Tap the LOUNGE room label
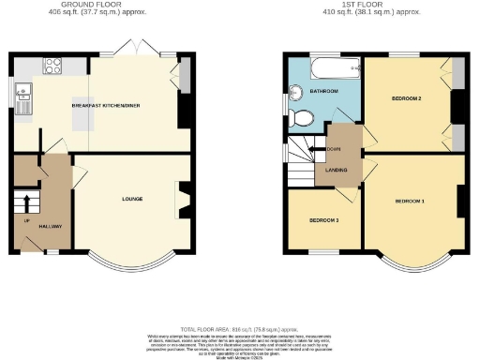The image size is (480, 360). pos(131,199)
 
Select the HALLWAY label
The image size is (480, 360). pos(50,227)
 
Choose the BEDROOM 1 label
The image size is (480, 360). pos(410,202)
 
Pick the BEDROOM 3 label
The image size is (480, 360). pos(323,220)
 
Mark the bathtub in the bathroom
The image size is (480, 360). pos(334,67)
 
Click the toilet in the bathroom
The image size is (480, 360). pos(300,117)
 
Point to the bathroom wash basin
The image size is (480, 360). pos(293,91)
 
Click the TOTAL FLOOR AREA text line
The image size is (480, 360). pos(240,330)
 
